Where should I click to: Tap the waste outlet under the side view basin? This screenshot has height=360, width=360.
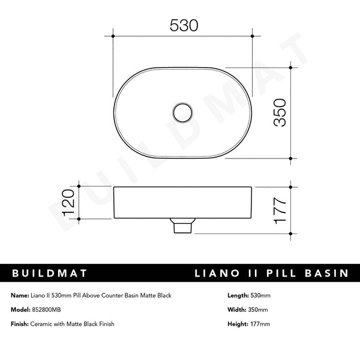[x=182, y=226]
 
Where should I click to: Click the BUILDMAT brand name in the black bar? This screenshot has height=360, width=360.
[x=50, y=274]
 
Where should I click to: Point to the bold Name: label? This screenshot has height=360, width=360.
[x=20, y=296]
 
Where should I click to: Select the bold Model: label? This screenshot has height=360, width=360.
[x=21, y=310]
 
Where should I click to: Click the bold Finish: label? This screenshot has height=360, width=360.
[x=21, y=324]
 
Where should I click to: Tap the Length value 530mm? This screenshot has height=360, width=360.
[x=260, y=296]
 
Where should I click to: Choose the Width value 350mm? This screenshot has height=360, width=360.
[x=257, y=310]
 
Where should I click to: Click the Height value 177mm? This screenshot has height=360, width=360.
[x=259, y=324]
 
